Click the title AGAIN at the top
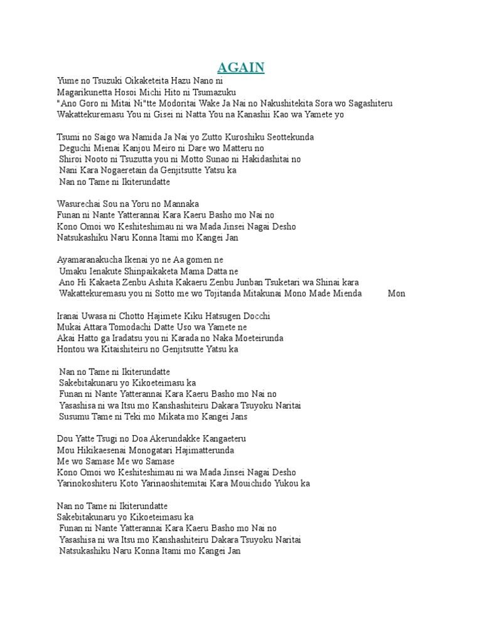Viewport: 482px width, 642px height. (x=241, y=68)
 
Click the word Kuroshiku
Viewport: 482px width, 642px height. (x=227, y=137)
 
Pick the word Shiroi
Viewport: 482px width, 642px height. (x=72, y=160)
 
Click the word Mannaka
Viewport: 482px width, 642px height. (x=179, y=204)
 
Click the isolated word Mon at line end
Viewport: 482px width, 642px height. (x=397, y=293)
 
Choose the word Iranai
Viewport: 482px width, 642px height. (x=69, y=316)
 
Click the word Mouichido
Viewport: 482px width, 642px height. (x=252, y=484)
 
